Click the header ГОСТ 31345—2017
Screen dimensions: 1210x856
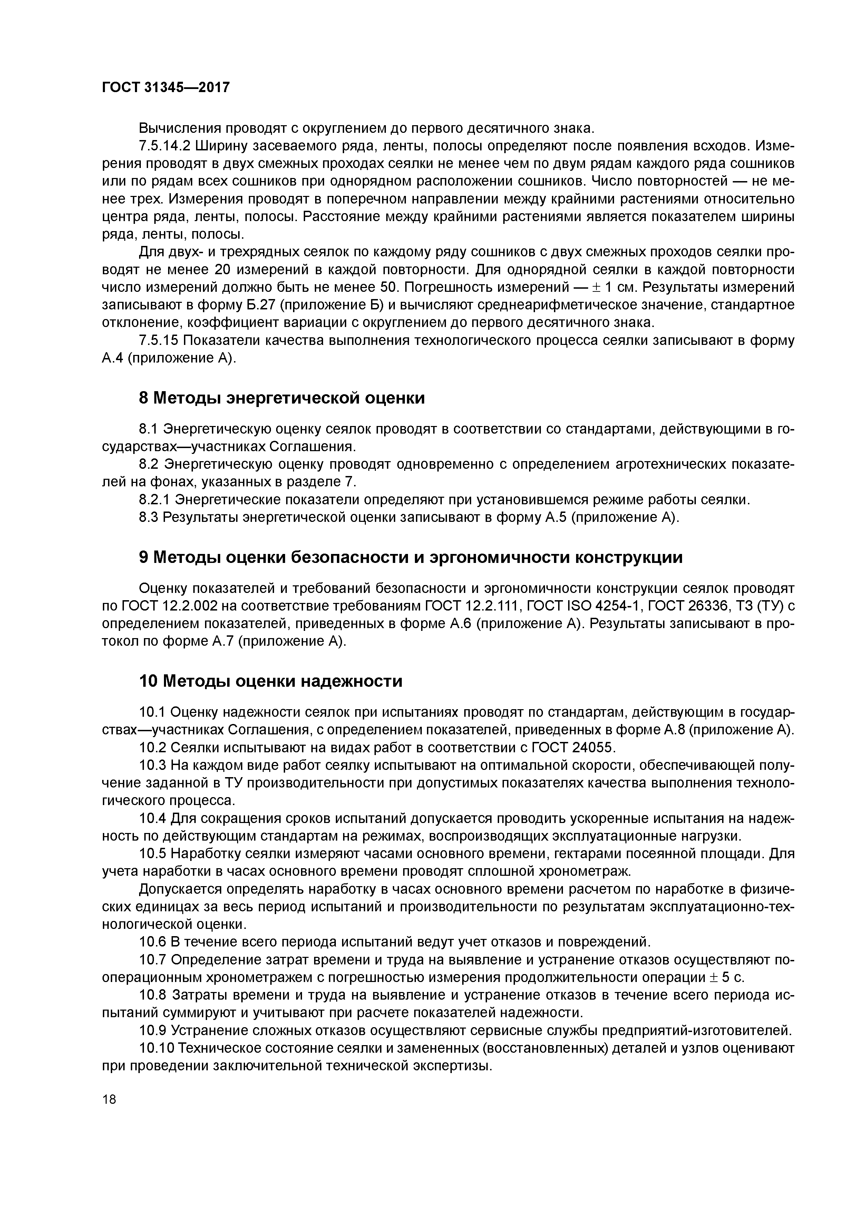point(166,88)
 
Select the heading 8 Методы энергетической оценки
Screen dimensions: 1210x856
point(282,398)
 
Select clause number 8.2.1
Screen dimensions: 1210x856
point(155,499)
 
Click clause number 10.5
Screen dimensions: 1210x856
point(153,854)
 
